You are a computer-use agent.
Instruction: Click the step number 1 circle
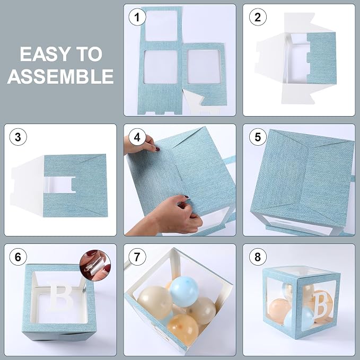pyautogui.click(x=137, y=17)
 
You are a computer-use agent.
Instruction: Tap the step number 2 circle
pyautogui.click(x=258, y=17)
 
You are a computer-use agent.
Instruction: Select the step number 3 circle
pyautogui.click(x=18, y=137)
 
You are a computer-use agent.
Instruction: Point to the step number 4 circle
pyautogui.click(x=137, y=137)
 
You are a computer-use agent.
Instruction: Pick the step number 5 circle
pyautogui.click(x=258, y=137)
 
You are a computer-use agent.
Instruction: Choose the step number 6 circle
pyautogui.click(x=18, y=257)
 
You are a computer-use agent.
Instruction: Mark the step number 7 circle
pyautogui.click(x=137, y=257)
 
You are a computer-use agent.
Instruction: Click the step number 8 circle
pyautogui.click(x=258, y=257)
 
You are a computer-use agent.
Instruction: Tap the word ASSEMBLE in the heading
pyautogui.click(x=60, y=76)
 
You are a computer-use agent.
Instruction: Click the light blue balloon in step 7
pyautogui.click(x=184, y=292)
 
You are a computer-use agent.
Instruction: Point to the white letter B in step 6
pyautogui.click(x=60, y=295)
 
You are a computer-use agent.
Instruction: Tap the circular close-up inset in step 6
pyautogui.click(x=95, y=266)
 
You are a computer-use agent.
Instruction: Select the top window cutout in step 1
pyautogui.click(x=161, y=25)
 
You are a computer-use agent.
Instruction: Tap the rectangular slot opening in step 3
pyautogui.click(x=60, y=185)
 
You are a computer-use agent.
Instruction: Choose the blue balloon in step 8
pyautogui.click(x=298, y=317)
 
